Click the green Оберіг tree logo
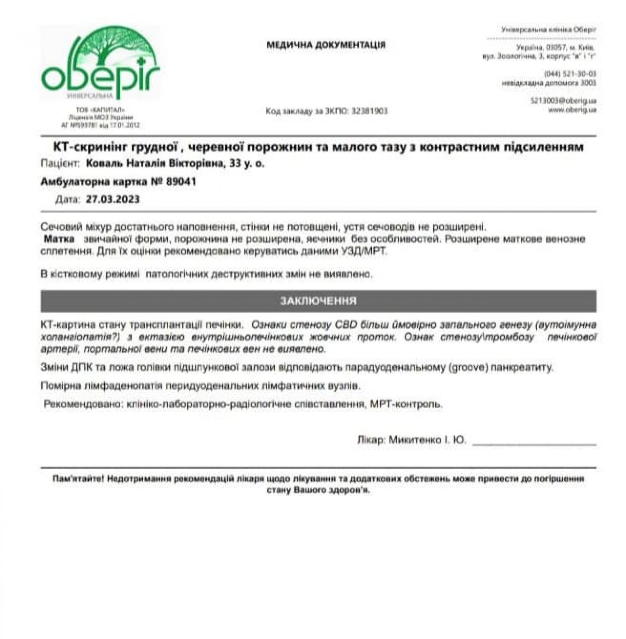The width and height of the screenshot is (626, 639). tap(100, 63)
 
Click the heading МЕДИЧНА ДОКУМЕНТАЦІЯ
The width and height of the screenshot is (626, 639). tap(326, 45)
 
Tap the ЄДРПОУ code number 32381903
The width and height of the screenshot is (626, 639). tap(369, 111)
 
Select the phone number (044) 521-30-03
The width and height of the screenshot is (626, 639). tap(571, 74)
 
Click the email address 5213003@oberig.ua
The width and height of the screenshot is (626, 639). tap(563, 101)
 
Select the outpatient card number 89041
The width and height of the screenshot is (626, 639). tap(181, 182)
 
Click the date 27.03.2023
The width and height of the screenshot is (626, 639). tap(113, 199)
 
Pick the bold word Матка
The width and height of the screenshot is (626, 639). tap(59, 239)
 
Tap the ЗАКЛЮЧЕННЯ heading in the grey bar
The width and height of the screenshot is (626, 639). tap(318, 301)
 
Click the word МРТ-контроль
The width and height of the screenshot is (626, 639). tap(406, 404)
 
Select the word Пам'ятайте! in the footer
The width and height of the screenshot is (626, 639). tap(79, 478)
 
